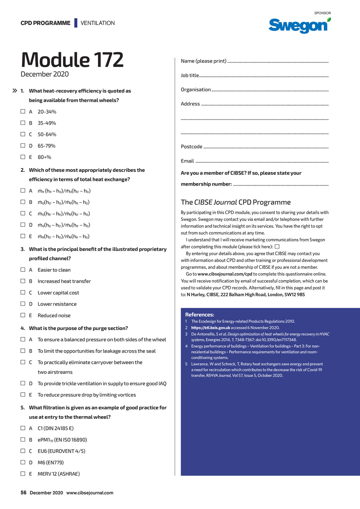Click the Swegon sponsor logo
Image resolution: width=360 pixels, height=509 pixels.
pos(299,25)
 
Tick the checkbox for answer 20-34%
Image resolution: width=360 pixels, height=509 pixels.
pos(23,111)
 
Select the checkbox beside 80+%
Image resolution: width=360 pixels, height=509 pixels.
pos(23,157)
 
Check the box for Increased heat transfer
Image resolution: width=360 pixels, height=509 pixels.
pos(23,281)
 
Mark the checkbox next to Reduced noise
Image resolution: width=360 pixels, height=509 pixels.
pos(23,315)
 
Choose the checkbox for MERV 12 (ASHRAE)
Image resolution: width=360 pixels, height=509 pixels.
pos(23,473)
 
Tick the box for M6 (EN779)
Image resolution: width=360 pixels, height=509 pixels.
pos(23,462)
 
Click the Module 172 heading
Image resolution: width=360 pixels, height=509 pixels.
pos(72,60)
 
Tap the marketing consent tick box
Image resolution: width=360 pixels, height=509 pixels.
pos(277,246)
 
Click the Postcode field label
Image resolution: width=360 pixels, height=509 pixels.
pos(192,147)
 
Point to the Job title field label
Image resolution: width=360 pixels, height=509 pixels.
pos(190,75)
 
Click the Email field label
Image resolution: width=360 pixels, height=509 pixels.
pos(187,161)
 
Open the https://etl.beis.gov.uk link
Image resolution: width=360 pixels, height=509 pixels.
pos(211,328)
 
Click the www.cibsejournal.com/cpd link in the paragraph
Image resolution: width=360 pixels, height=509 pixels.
pos(225,274)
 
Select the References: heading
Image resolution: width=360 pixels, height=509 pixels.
pos(199,315)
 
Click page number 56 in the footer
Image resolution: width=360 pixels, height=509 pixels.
pos(24,492)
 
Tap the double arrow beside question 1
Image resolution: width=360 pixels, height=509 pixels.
pos(15,91)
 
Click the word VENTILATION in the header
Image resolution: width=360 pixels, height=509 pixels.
pos(98,23)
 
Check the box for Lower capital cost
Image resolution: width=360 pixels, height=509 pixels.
pos(23,292)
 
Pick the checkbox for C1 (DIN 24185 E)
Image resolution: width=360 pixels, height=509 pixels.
pos(23,428)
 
